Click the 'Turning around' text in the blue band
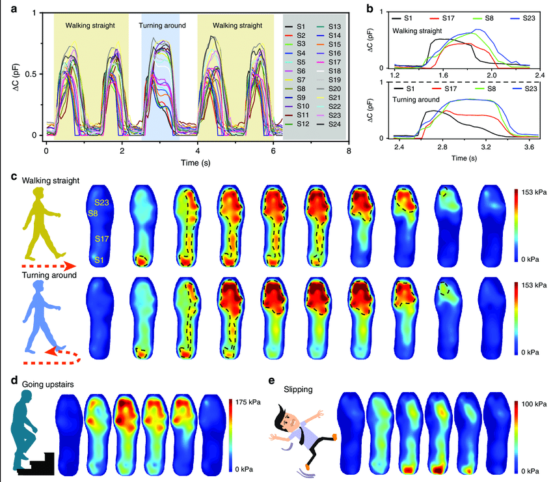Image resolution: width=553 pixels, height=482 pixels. [x=162, y=26]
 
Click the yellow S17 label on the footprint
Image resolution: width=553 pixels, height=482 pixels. [x=102, y=239]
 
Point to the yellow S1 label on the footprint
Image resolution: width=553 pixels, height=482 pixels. [x=100, y=261]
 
